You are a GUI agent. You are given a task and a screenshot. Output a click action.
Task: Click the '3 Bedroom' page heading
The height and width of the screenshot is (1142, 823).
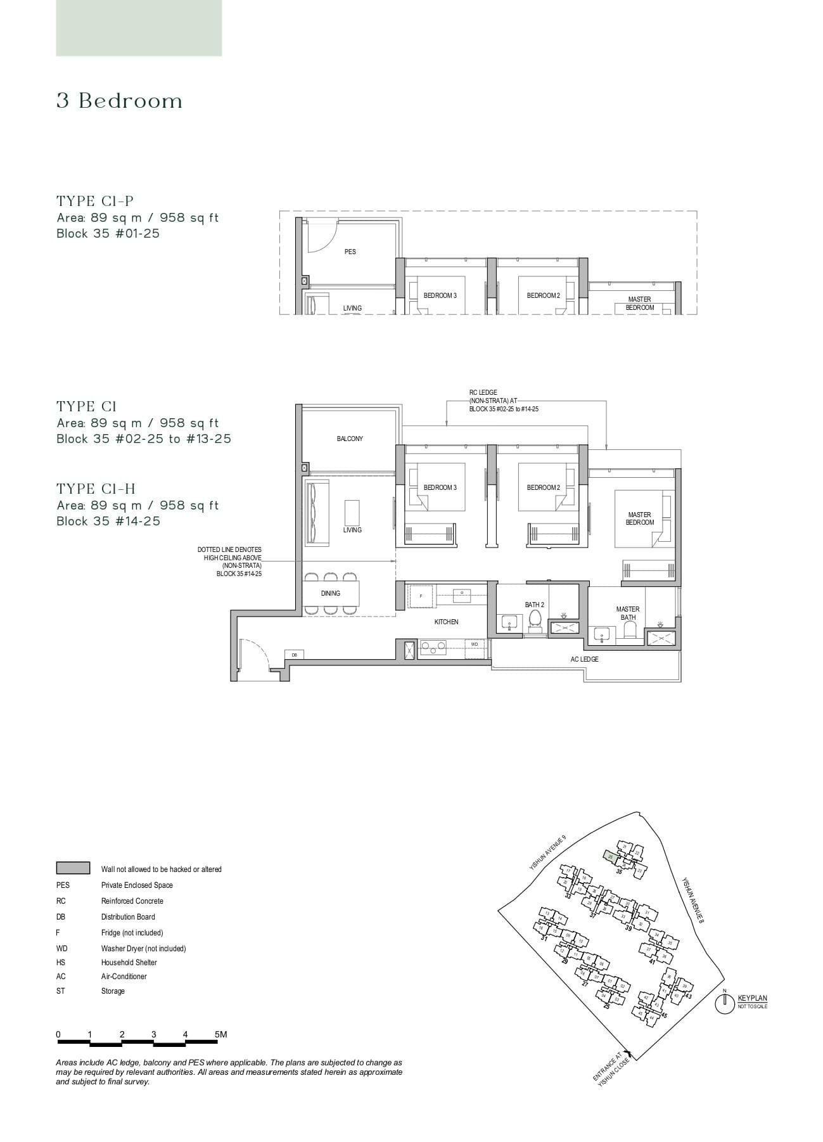(x=120, y=101)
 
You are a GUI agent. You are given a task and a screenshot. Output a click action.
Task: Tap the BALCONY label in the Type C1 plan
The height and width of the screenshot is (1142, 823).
(x=350, y=439)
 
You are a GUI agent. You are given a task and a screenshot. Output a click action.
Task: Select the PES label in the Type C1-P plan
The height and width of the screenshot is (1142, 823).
(x=350, y=252)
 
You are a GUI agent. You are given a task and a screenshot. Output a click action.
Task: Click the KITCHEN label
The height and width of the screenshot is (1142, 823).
(x=446, y=622)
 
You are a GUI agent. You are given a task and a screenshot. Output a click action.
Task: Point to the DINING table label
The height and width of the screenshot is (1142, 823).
(x=330, y=593)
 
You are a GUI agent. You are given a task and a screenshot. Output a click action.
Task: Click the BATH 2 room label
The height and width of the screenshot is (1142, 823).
(x=534, y=605)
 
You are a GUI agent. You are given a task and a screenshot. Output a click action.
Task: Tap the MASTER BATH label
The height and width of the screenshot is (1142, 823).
(x=627, y=613)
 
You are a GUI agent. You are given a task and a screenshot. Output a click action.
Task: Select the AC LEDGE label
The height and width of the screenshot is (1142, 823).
(x=584, y=659)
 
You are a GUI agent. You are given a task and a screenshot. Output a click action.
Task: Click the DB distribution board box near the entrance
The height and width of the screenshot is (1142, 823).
(x=294, y=655)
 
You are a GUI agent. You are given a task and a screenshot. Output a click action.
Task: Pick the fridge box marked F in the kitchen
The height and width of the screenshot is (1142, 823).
(x=421, y=596)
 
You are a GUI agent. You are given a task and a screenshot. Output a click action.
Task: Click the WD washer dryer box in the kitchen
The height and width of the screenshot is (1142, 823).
(x=475, y=645)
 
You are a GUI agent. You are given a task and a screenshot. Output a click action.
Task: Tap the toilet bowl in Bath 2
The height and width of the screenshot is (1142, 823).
(x=535, y=618)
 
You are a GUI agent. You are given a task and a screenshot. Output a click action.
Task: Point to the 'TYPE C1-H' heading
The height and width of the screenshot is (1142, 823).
(x=96, y=489)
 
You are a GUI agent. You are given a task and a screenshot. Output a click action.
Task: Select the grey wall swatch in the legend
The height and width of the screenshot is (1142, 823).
(x=73, y=868)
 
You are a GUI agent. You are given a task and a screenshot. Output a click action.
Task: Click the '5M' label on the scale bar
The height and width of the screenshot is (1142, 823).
(x=220, y=1034)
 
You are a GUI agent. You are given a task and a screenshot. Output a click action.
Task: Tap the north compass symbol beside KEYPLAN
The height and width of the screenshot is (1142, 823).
(x=724, y=1003)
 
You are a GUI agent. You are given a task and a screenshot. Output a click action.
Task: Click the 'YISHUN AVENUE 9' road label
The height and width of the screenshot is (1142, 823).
(x=548, y=852)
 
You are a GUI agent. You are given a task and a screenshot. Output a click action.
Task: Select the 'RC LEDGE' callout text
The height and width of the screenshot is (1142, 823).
(x=483, y=393)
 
